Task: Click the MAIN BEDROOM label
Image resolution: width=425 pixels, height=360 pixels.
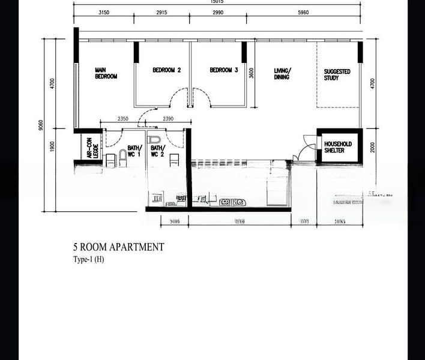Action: coord(106,73)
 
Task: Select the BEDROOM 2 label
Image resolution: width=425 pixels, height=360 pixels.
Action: coord(167,70)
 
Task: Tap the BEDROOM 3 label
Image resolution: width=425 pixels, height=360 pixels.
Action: coord(224,70)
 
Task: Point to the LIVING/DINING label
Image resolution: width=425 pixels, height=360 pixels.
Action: coord(282,73)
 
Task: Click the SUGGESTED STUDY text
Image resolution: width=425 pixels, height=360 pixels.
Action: coord(337,74)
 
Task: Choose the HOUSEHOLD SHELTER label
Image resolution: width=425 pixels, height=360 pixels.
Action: coord(338,148)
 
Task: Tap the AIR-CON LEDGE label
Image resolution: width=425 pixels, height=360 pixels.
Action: coord(91,146)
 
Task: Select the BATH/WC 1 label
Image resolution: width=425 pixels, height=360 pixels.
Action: coord(133,151)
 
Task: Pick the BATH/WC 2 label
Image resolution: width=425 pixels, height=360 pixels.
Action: coord(157,151)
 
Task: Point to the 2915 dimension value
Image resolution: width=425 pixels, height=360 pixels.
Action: coord(161,13)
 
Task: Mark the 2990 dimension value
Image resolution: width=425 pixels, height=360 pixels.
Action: coord(218,13)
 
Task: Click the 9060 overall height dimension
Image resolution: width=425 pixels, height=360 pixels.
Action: coord(40,125)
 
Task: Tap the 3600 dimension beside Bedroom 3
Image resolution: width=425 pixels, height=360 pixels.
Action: coord(252,73)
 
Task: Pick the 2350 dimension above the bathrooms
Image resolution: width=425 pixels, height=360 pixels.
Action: coord(124,119)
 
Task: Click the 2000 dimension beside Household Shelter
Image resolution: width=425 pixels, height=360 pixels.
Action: coord(372,147)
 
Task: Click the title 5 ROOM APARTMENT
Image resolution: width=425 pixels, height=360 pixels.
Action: coord(118,247)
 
